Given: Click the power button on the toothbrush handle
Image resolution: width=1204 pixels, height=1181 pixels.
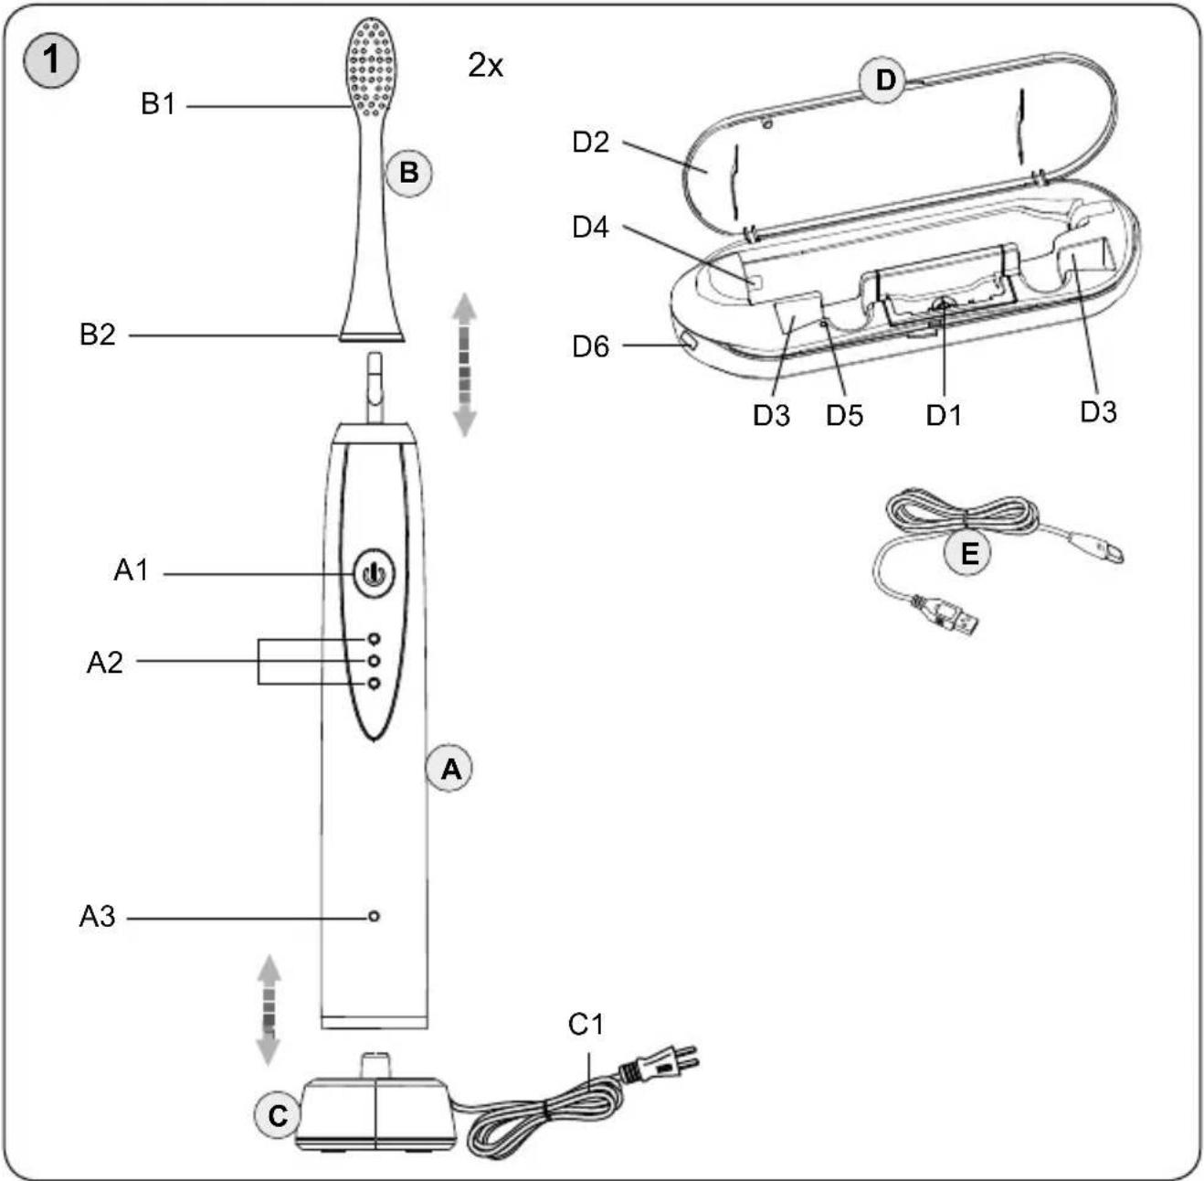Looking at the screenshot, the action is [374, 573].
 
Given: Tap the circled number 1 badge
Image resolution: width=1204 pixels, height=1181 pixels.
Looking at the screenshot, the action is [50, 60].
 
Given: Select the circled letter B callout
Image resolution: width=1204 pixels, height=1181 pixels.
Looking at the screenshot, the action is [408, 172].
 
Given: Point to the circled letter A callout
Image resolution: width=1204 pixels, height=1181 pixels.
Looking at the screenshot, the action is [449, 768].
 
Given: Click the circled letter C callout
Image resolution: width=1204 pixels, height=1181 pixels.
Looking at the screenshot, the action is [278, 1115].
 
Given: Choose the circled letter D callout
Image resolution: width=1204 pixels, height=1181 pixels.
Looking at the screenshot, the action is [885, 80].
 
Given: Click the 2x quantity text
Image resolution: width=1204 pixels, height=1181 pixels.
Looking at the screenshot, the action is [485, 65].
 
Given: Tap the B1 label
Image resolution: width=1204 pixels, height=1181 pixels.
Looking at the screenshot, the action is [158, 104].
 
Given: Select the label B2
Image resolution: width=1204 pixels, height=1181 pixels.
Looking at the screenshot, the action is [98, 335].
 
